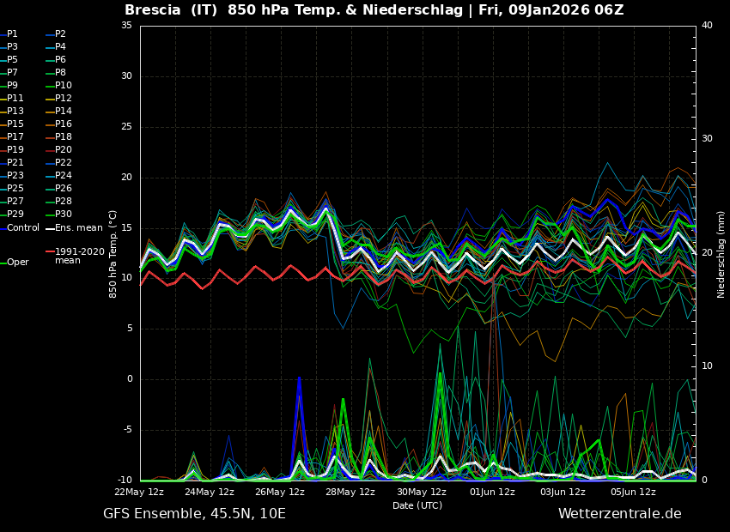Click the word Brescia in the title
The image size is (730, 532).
coord(152,9)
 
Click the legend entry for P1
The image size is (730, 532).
coord(9,34)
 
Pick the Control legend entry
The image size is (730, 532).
coord(20,228)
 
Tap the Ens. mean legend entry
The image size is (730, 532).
coord(74,228)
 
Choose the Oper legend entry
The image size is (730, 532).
coord(15,263)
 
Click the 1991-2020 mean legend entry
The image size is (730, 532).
coord(75,256)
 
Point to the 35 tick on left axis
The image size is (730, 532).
coord(126,25)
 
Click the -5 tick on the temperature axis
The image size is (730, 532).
coord(126,429)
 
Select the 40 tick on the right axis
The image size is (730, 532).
coord(707,25)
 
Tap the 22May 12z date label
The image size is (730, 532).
coord(140,492)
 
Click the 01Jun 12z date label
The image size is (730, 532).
coord(493,492)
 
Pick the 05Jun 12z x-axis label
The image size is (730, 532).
coord(634,492)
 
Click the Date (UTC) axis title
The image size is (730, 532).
coord(417,505)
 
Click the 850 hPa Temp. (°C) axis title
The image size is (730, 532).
coord(113,254)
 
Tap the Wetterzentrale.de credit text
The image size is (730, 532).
coord(620,514)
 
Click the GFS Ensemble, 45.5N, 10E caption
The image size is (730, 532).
coord(194,514)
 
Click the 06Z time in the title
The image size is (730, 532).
coord(609,9)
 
